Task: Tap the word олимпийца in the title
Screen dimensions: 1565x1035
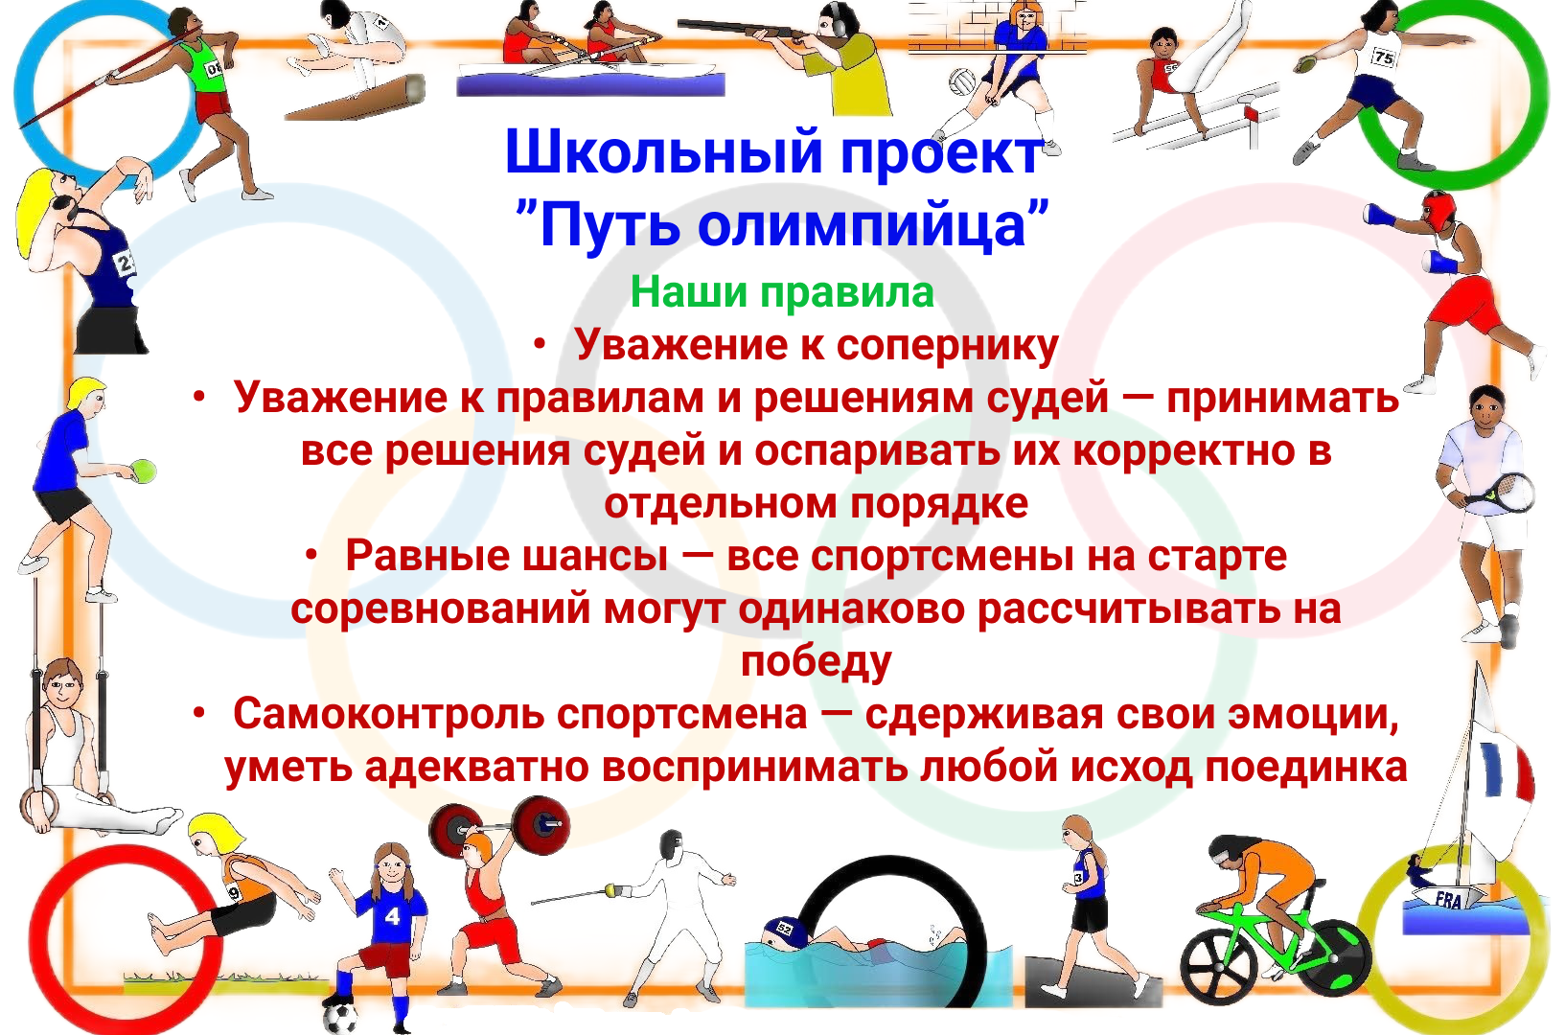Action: click(863, 226)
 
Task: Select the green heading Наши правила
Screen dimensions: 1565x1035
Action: click(782, 291)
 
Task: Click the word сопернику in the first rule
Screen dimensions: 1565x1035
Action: click(948, 346)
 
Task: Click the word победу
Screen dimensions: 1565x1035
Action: click(816, 662)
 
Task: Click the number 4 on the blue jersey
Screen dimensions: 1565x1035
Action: click(392, 916)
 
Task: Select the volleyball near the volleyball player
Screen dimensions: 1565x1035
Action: click(962, 81)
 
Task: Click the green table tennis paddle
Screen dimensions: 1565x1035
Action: click(143, 471)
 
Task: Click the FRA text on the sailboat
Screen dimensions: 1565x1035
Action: click(1448, 901)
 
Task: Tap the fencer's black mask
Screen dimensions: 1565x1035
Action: click(672, 847)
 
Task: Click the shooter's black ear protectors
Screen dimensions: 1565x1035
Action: click(834, 22)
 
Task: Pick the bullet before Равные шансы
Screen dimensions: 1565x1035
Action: click(311, 556)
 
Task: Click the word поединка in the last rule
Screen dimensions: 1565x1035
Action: click(1306, 768)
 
